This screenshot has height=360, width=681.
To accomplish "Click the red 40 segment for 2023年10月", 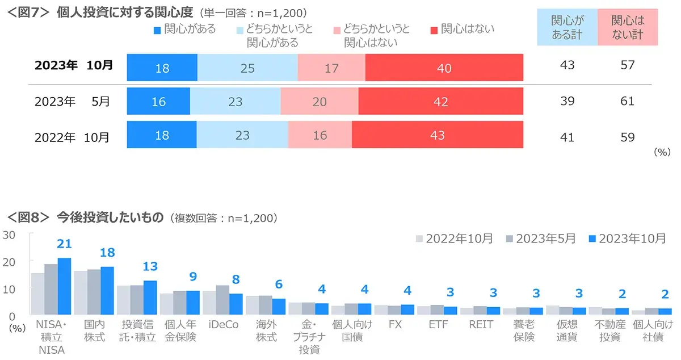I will point(444,68).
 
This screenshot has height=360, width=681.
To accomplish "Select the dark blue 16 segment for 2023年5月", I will point(158,102).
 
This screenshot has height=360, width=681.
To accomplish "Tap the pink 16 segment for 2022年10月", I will point(320,135).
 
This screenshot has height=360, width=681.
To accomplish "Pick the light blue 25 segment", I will point(247,68).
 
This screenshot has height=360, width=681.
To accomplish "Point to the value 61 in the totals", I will point(628,102).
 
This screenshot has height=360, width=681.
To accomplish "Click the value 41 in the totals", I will point(566,137).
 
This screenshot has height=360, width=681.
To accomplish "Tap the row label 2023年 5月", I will point(72,102).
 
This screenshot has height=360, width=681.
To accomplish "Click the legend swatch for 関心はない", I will point(435,29).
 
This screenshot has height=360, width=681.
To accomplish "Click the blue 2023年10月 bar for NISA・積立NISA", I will point(64,286).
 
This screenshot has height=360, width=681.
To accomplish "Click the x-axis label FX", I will point(395,325).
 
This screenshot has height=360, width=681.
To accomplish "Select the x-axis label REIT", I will point(480,325).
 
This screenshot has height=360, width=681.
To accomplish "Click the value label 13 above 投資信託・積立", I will point(150,267).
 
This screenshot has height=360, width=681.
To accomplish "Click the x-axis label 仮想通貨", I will point(566,330).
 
